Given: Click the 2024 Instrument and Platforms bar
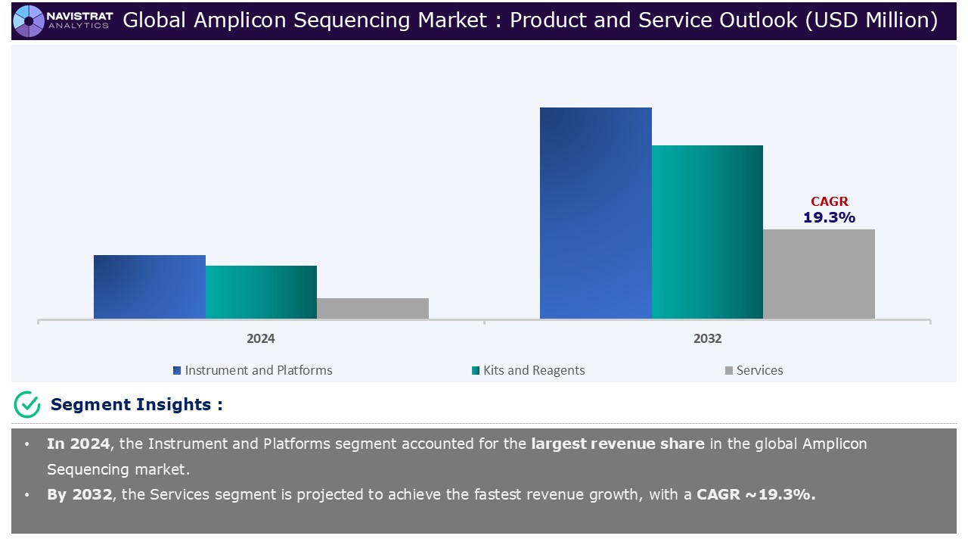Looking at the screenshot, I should (x=149, y=287).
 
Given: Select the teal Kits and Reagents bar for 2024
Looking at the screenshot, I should (x=261, y=292).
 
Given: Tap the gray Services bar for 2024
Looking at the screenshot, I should (x=373, y=308).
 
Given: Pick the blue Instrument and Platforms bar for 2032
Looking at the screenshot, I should (x=595, y=213).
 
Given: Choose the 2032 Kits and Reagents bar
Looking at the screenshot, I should (x=707, y=232).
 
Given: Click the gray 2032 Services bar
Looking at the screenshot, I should (x=819, y=274).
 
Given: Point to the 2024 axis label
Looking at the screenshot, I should (x=261, y=338).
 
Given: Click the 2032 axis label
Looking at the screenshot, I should (x=707, y=338).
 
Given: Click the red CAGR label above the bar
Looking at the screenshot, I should (x=830, y=201).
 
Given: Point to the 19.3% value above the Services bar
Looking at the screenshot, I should (x=829, y=218).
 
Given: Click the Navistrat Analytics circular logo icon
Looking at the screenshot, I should (x=29, y=20).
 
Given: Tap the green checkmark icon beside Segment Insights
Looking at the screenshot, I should (x=27, y=405).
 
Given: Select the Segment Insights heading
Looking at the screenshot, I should (x=136, y=404).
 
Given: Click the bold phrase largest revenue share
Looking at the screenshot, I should (x=617, y=444).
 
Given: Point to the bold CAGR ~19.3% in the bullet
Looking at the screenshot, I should (x=755, y=495).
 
